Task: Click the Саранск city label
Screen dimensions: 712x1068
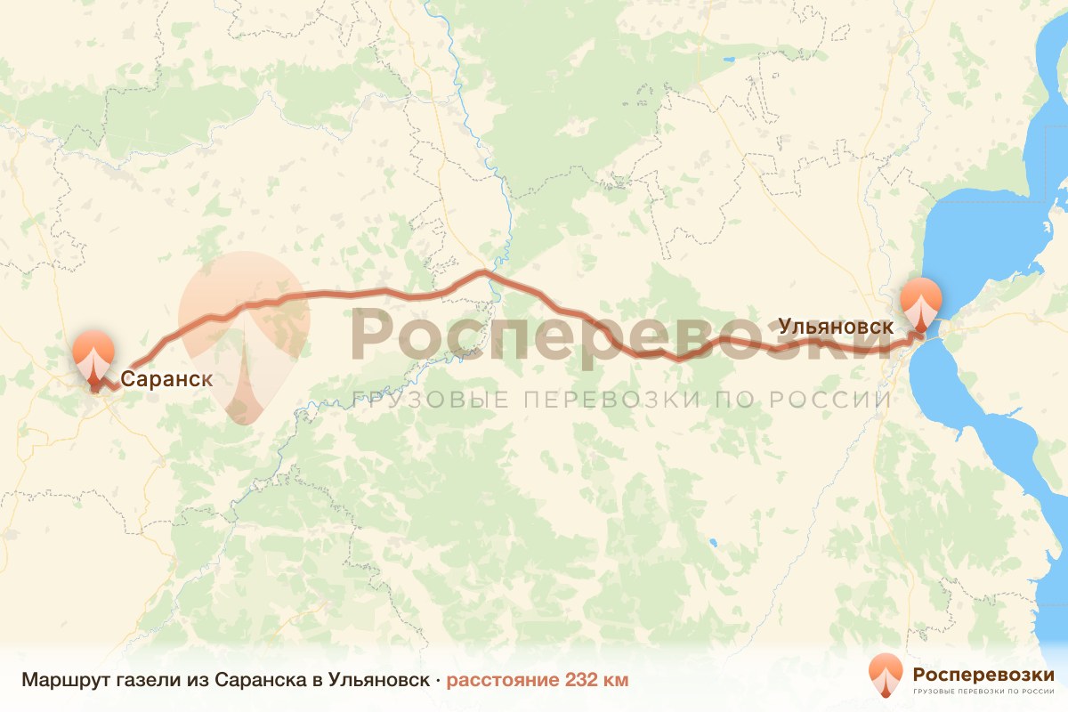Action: click(x=166, y=378)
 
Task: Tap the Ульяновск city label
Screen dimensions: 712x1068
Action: click(x=836, y=327)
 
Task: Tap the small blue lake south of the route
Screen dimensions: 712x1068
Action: click(x=712, y=542)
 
